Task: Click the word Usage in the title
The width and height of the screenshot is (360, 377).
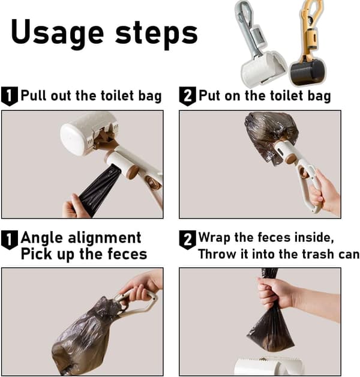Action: [58, 33]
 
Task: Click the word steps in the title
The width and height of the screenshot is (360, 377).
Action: [157, 33]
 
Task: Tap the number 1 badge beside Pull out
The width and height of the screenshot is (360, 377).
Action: [10, 96]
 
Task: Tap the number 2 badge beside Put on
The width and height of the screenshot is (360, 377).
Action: [187, 96]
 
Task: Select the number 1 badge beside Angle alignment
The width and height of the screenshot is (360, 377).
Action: [10, 240]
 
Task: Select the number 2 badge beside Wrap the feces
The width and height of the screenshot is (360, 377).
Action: [187, 240]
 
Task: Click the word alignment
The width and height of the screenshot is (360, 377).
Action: [104, 238]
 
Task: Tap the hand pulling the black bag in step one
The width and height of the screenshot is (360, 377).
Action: [74, 207]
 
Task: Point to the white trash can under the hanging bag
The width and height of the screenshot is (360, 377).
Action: [268, 367]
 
